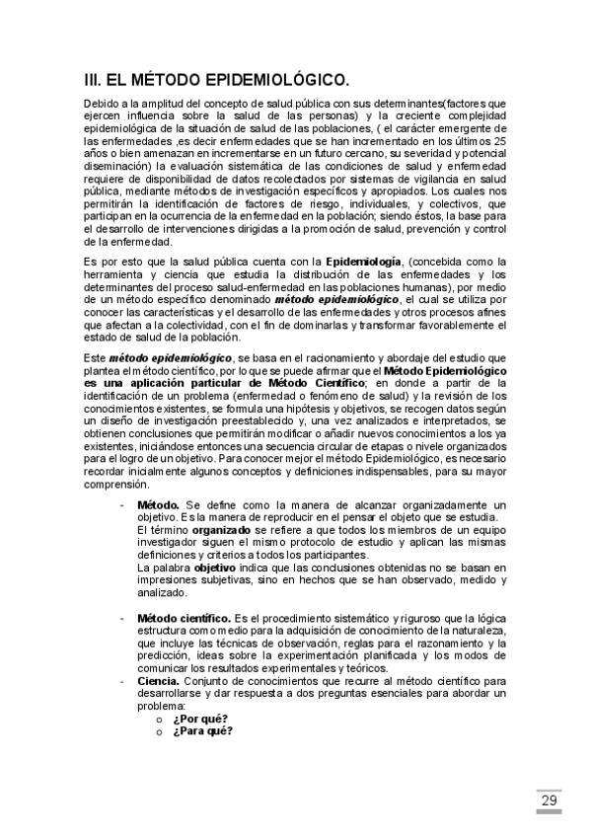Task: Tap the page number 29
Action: (549, 799)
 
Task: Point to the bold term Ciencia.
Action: (158, 681)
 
